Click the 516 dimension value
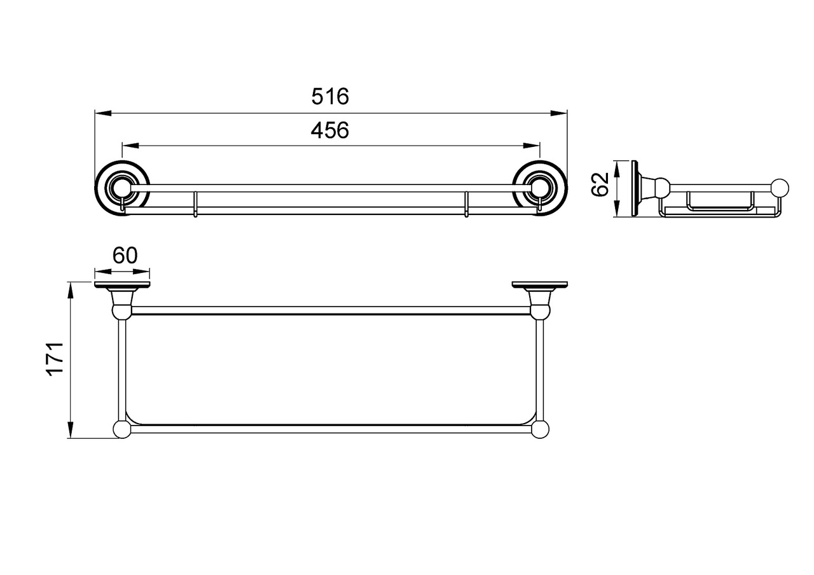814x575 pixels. click(x=330, y=96)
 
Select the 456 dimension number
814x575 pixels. click(x=330, y=130)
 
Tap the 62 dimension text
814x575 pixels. click(x=600, y=184)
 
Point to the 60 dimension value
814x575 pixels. click(x=125, y=255)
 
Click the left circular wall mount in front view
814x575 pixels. click(x=122, y=188)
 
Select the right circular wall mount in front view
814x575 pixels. click(x=540, y=188)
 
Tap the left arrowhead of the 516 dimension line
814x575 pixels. click(x=103, y=113)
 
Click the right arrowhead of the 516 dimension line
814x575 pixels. click(x=559, y=113)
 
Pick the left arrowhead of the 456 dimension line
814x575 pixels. click(x=130, y=146)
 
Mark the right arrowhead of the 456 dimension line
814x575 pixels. click(x=531, y=146)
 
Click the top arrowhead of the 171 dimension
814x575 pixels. click(x=71, y=291)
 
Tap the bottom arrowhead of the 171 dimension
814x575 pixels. click(x=71, y=430)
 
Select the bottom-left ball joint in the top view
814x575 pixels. click(x=123, y=429)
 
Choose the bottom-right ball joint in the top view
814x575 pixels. click(x=540, y=429)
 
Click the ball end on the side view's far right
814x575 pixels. click(x=780, y=188)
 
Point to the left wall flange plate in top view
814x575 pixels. click(x=122, y=284)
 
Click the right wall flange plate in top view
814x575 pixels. click(x=540, y=284)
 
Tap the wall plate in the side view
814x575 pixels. click(x=635, y=189)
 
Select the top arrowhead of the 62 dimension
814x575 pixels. click(x=617, y=169)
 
